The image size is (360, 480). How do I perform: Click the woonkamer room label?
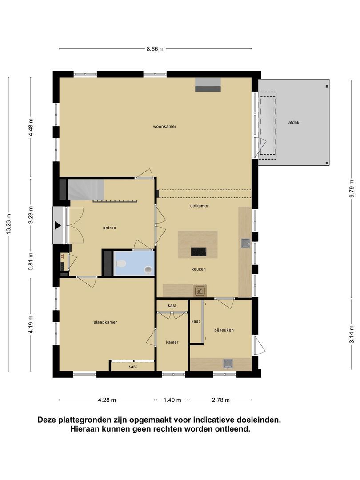164,126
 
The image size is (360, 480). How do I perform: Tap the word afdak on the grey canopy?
294,123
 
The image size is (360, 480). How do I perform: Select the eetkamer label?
199,206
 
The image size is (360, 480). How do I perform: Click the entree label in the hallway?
109,228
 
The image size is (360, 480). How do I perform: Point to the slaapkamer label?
105,322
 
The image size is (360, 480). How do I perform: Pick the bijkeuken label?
224,330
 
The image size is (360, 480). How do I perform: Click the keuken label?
199,269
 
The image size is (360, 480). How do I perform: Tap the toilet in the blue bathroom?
120,264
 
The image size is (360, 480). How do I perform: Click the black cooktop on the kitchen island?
199,252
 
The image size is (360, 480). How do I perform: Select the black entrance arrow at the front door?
58,225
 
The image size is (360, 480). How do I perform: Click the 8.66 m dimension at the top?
156,49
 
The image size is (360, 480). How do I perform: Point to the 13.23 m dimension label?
9,225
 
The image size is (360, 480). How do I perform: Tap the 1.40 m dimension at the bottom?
172,400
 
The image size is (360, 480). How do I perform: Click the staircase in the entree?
86,190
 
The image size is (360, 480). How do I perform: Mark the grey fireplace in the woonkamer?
208,84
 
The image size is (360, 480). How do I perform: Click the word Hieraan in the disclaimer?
85,429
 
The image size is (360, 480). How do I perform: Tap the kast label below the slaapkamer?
132,367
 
